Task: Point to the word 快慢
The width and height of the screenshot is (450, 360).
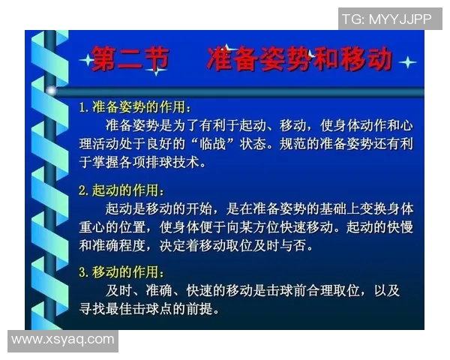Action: pos(397,226)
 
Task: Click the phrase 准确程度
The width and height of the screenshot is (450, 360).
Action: pos(122,244)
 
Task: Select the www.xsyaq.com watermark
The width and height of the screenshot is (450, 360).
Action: pos(63,340)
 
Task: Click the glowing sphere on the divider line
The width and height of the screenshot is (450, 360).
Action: pos(51,90)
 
